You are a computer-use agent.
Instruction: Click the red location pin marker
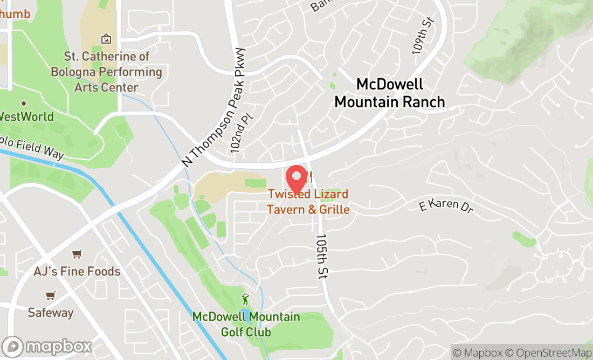pyautogui.click(x=296, y=179)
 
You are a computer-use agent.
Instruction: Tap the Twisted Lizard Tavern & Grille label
pyautogui.click(x=308, y=202)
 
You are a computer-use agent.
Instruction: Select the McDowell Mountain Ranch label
pyautogui.click(x=390, y=93)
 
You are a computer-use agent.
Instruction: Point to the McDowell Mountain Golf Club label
pyautogui.click(x=246, y=324)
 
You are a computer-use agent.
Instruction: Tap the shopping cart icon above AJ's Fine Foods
pyautogui.click(x=77, y=254)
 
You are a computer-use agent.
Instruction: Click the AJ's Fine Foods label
pyautogui.click(x=77, y=271)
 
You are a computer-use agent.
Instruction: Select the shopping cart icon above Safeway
pyautogui.click(x=51, y=295)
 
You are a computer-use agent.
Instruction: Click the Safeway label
pyautogui.click(x=51, y=313)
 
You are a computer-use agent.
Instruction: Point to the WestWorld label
pyautogui.click(x=26, y=116)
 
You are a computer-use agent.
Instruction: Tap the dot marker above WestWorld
pyautogui.click(x=24, y=103)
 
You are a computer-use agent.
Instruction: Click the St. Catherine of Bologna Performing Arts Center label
pyautogui.click(x=106, y=72)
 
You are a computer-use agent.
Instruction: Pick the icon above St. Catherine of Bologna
pyautogui.click(x=106, y=39)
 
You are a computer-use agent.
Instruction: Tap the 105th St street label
pyautogui.click(x=322, y=256)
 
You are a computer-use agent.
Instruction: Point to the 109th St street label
pyautogui.click(x=423, y=36)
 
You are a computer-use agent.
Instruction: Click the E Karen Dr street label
pyautogui.click(x=446, y=206)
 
